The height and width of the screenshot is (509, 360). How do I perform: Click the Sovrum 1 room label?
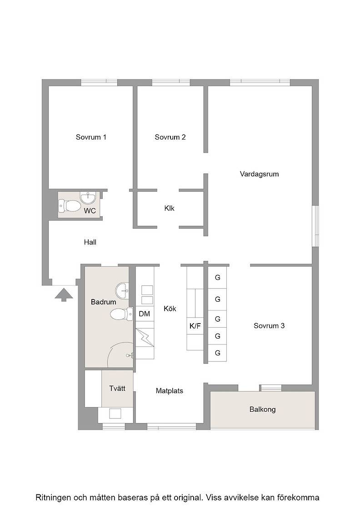pyautogui.click(x=91, y=137)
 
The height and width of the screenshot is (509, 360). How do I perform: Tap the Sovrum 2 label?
pyautogui.click(x=170, y=137)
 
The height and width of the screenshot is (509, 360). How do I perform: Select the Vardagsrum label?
pyautogui.click(x=259, y=174)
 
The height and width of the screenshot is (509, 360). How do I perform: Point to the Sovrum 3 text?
pyautogui.click(x=269, y=325)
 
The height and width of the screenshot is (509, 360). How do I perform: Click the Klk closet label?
pyautogui.click(x=169, y=208)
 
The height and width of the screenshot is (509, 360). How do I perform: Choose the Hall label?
pyautogui.click(x=90, y=242)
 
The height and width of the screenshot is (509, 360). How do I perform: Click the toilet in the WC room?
pyautogui.click(x=70, y=205)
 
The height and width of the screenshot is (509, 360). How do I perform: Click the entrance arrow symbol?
pyautogui.click(x=64, y=294)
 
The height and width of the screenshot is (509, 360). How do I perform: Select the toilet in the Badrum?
pyautogui.click(x=121, y=314)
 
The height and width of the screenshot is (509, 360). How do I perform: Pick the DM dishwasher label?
pyautogui.click(x=145, y=314)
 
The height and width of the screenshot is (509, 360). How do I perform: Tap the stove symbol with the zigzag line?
pyautogui.click(x=145, y=338)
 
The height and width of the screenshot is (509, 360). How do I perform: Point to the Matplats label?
pyautogui.click(x=169, y=391)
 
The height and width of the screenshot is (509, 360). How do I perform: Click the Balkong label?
pyautogui.click(x=262, y=409)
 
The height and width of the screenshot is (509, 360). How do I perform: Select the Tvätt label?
pyautogui.click(x=117, y=388)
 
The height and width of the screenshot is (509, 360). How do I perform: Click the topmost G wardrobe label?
pyautogui.click(x=217, y=278)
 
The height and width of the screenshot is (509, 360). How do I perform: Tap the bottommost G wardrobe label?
pyautogui.click(x=217, y=353)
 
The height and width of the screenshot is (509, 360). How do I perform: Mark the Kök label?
pyautogui.click(x=170, y=309)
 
